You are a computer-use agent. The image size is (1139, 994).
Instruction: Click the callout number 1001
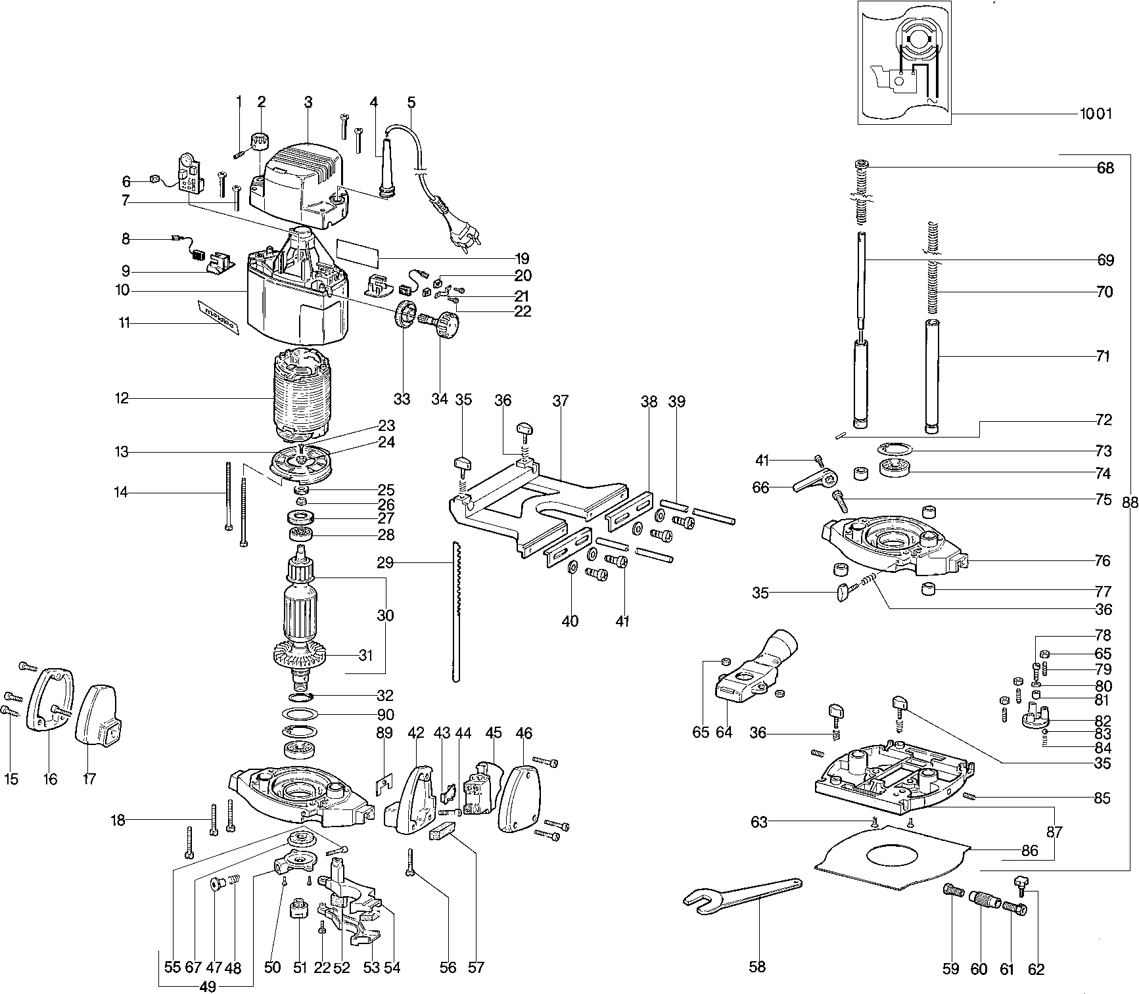click(x=1096, y=114)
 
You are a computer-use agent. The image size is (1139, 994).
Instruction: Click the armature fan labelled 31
click(x=302, y=654)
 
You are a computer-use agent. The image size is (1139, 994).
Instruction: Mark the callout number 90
click(x=385, y=714)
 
